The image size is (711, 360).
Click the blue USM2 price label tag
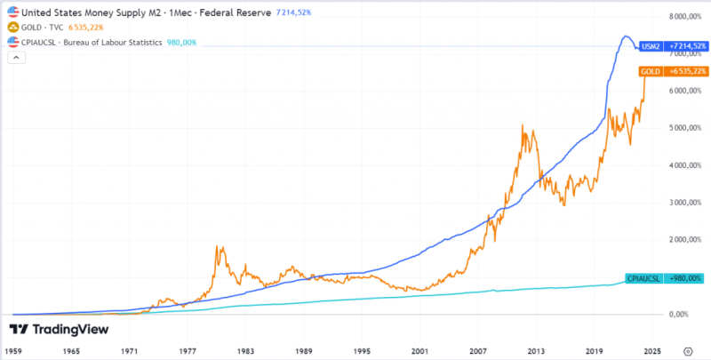tap(673, 46)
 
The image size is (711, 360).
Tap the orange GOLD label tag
tap(673, 71)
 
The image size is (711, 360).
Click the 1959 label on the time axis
tap(13, 351)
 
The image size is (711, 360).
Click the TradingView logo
tap(59, 330)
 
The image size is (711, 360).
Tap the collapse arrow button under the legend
tap(16, 58)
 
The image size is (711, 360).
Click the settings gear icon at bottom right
tap(688, 351)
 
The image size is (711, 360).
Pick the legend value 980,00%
tap(181, 43)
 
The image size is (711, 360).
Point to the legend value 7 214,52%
tap(294, 12)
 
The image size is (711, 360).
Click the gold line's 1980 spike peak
tap(217, 246)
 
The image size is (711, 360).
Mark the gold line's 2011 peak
tap(523, 124)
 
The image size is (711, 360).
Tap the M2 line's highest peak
tap(626, 36)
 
